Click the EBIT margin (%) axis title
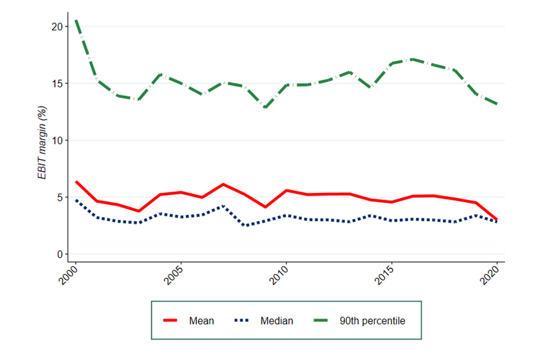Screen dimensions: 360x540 [x=42, y=141]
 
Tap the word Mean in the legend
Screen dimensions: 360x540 [x=201, y=321]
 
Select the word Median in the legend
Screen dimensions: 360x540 [x=277, y=321]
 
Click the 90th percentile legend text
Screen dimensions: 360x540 [x=372, y=321]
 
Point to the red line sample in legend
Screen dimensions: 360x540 [x=170, y=321]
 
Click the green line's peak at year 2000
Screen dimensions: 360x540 [x=75, y=20]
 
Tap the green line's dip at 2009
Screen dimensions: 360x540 [x=265, y=107]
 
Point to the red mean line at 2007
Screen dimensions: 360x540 [x=223, y=184]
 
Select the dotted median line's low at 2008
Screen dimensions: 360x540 [x=244, y=226]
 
